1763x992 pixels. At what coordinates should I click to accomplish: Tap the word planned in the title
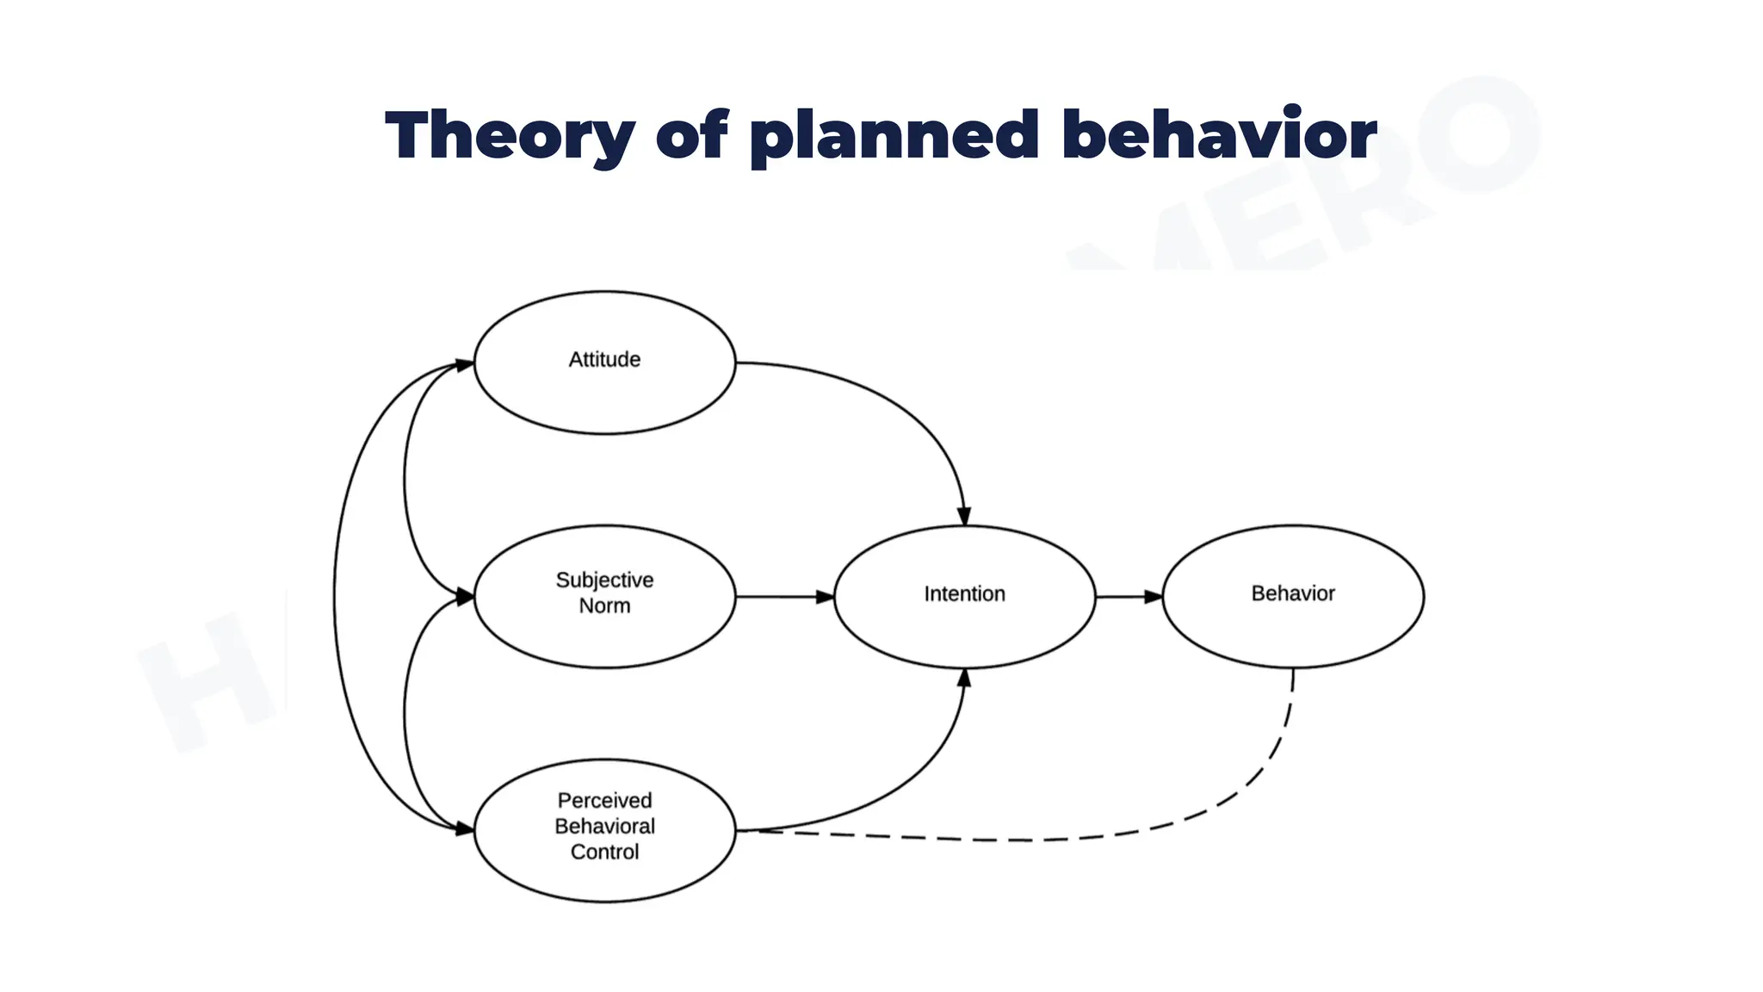tap(894, 137)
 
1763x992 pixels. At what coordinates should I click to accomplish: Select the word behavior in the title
tap(1219, 135)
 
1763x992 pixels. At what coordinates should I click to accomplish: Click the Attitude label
tap(604, 360)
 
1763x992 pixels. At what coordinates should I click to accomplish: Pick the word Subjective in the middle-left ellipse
tap(604, 580)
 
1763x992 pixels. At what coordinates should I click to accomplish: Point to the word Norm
tap(604, 606)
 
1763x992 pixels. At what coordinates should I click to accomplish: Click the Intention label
tap(964, 594)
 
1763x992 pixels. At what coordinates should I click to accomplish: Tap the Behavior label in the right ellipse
tap(1292, 593)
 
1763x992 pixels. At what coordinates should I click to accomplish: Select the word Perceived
tap(604, 801)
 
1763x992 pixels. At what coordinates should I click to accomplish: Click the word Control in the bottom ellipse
tap(604, 852)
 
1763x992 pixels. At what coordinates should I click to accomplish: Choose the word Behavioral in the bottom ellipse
tap(604, 827)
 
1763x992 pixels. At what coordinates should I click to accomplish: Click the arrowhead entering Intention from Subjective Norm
tap(825, 597)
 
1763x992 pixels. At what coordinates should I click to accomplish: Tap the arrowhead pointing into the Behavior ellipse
tap(1154, 597)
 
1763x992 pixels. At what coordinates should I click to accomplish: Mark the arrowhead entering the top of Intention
tap(964, 516)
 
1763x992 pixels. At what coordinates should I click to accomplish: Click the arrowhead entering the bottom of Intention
tap(964, 679)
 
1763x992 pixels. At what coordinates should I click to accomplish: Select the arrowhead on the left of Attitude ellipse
tap(464, 364)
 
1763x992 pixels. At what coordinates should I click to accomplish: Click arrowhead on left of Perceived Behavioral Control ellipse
tap(464, 829)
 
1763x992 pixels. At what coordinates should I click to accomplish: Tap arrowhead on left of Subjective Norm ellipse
tap(464, 596)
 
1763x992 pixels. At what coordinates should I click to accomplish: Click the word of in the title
tap(691, 135)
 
